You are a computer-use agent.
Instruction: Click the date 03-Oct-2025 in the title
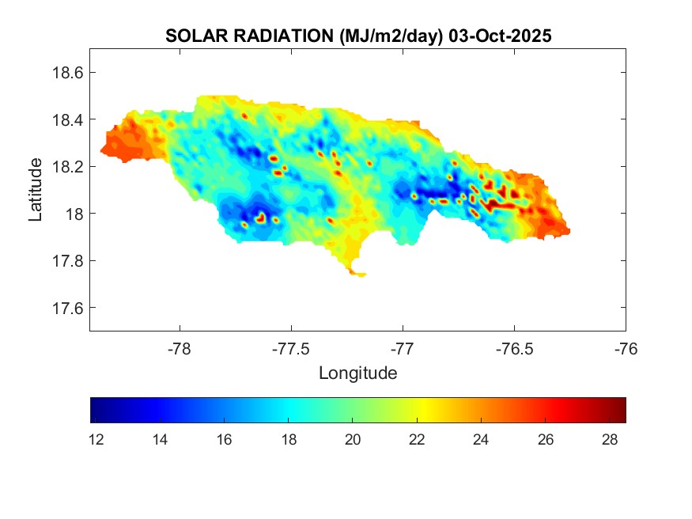coord(501,36)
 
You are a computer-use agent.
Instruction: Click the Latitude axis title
coord(35,189)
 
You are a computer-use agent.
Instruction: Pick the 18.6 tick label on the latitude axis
coord(66,73)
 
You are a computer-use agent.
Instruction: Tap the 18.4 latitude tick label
coord(66,119)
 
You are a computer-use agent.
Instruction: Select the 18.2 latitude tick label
coord(66,167)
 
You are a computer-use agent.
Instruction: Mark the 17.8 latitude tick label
coord(66,261)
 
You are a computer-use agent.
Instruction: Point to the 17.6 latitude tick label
coord(66,308)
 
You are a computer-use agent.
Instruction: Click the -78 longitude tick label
coord(180,348)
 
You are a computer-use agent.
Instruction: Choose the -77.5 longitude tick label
coord(291,348)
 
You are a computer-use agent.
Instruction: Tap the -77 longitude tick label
coord(403,348)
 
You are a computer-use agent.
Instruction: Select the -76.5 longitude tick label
coord(514,348)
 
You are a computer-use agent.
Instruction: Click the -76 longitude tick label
coord(626,348)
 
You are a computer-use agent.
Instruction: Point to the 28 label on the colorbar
coord(610,440)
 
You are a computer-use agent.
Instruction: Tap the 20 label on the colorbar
coord(353,440)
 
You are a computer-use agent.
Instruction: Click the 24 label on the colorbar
coord(482,440)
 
